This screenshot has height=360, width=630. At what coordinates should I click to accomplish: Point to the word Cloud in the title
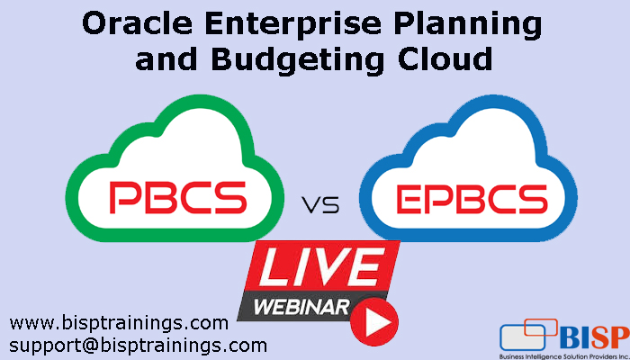tap(440, 58)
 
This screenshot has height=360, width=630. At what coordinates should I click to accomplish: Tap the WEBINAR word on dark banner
tap(301, 306)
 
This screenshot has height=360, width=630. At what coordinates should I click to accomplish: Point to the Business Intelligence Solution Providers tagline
tap(562, 355)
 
